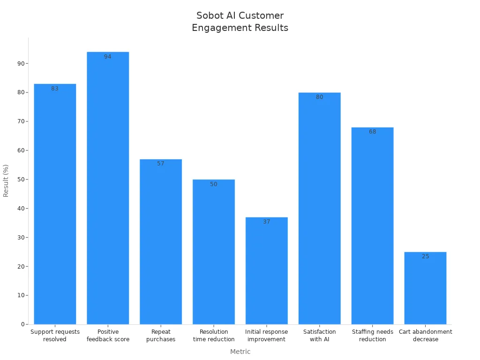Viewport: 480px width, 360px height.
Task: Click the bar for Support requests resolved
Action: [x=55, y=204]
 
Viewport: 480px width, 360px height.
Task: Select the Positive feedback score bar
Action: [x=108, y=188]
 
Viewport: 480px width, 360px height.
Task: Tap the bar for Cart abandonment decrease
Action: [x=425, y=288]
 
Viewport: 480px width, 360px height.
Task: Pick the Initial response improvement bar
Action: [x=267, y=270]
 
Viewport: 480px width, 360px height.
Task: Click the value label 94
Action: [x=108, y=57]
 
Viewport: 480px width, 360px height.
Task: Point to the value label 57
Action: [x=161, y=164]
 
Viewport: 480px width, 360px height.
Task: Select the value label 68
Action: [x=372, y=132]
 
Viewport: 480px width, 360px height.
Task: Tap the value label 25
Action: [x=425, y=256]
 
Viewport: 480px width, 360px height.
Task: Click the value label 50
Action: [x=214, y=184]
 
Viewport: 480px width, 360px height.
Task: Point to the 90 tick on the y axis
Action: [x=21, y=63]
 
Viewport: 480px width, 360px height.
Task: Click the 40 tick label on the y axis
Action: [x=21, y=209]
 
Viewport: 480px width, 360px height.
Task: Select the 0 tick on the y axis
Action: [x=22, y=324]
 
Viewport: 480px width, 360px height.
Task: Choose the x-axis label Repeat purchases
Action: [x=161, y=336]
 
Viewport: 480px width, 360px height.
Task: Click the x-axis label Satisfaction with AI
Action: [x=319, y=336]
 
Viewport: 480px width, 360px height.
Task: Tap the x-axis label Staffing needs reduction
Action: [x=372, y=336]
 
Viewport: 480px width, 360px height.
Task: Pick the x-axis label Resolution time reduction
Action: [x=214, y=336]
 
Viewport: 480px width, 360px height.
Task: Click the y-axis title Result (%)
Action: [x=6, y=180]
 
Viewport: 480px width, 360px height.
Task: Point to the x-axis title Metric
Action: [x=240, y=352]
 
